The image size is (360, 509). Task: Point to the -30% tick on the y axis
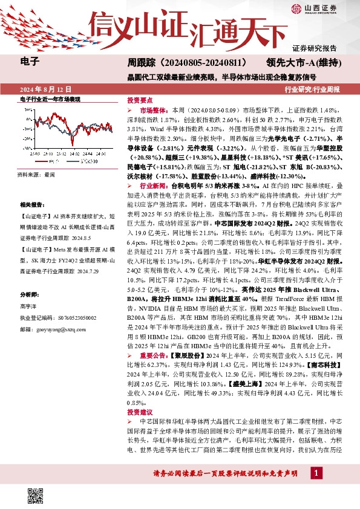[26, 148]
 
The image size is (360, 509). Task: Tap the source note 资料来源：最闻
[36, 175]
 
